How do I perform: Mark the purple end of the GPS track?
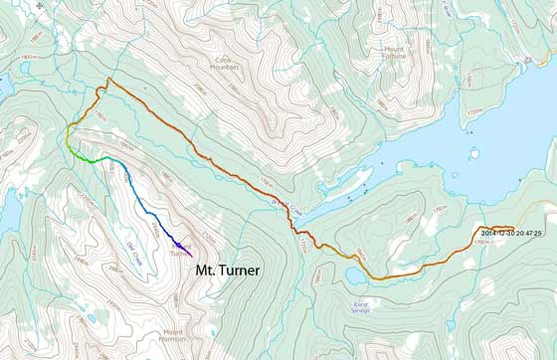[179, 244]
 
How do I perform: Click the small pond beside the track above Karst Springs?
[329, 274]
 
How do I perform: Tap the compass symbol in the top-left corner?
[12, 13]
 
